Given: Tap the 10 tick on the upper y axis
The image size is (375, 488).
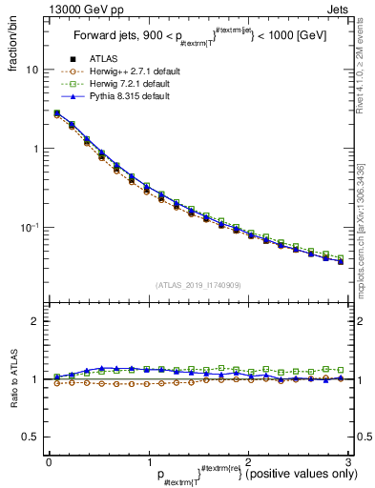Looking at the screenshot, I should coord(31,71).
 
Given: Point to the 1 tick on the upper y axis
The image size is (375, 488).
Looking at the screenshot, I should coord(34,150).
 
